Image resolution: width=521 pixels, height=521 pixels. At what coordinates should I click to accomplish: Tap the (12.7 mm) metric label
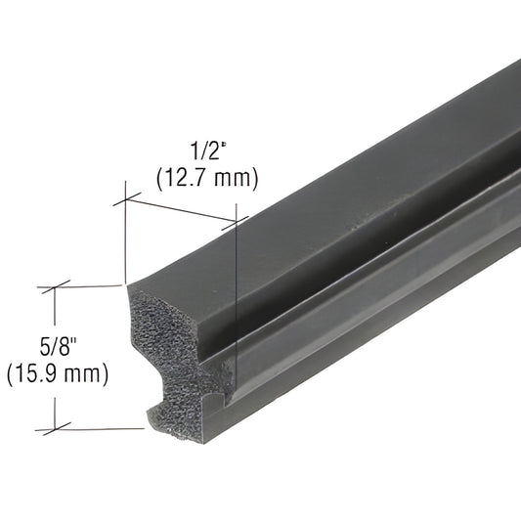[x=206, y=177]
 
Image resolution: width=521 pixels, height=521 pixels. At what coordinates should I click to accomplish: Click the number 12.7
[x=190, y=177]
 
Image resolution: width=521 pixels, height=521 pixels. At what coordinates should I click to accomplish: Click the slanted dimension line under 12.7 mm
[x=181, y=211]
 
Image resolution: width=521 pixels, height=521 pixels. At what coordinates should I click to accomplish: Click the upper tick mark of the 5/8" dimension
[x=56, y=287]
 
